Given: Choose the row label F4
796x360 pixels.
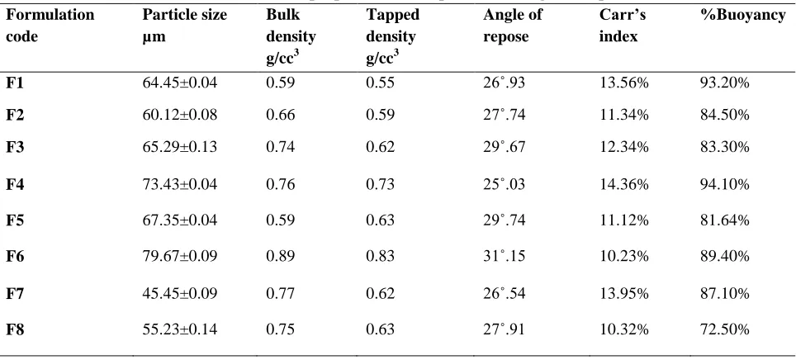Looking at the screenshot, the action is click(x=15, y=184).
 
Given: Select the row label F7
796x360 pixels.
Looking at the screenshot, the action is click(x=15, y=293).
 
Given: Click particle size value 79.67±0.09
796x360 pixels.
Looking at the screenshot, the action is click(x=180, y=257).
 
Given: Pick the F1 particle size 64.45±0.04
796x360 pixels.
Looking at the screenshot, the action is click(x=180, y=83).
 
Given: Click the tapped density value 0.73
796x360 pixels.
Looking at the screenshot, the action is click(x=380, y=184).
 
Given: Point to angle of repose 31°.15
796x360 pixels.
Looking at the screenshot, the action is click(x=504, y=257).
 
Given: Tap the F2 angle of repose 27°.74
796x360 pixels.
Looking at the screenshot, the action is click(x=504, y=115).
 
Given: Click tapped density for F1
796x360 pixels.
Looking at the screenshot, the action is click(x=380, y=83).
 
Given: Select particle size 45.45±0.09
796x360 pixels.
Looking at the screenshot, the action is click(x=180, y=293).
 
